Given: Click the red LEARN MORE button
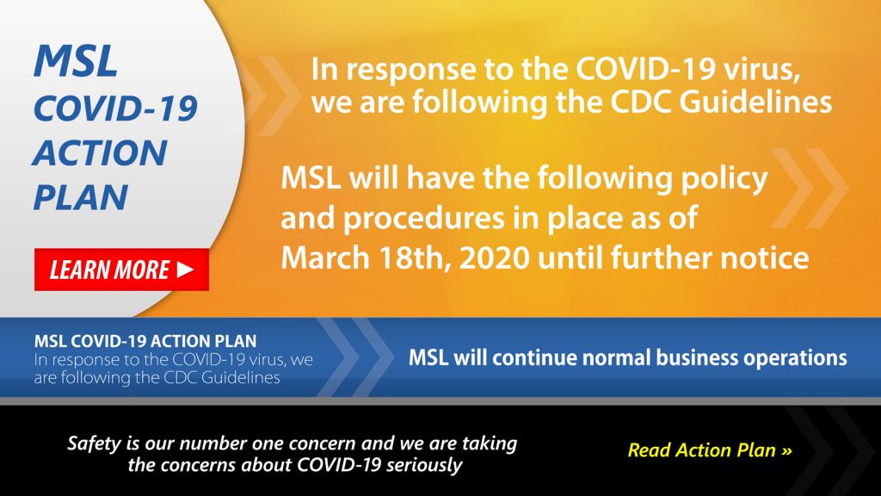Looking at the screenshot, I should [x=121, y=270].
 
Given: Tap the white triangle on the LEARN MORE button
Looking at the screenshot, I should [x=185, y=270].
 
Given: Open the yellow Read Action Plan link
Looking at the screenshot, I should [x=709, y=450].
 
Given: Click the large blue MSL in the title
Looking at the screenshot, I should [x=76, y=62].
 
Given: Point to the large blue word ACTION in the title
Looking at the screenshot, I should [x=100, y=153].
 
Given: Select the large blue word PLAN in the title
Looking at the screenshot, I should [x=81, y=197].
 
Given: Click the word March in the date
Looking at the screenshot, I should [x=330, y=257].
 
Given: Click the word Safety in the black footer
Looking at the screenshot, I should [x=97, y=443].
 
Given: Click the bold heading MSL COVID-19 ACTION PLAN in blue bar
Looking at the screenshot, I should [x=145, y=341].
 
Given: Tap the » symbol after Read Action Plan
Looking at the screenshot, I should [x=786, y=450].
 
